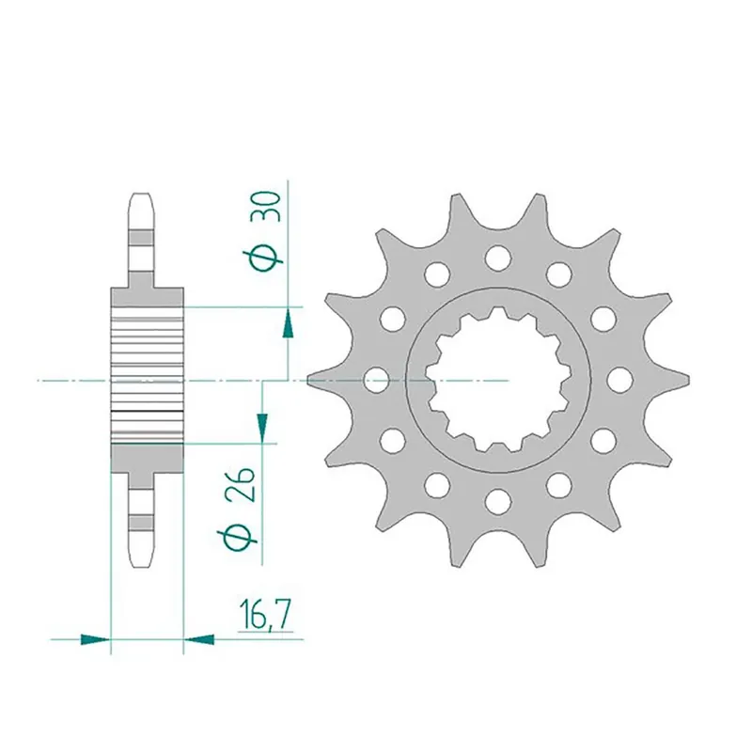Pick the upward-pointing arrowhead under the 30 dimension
(288, 325)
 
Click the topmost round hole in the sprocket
(497, 257)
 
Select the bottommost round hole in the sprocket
(497, 499)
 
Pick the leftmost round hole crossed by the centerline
(376, 380)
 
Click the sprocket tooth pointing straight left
(316, 380)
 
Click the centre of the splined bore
(497, 380)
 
